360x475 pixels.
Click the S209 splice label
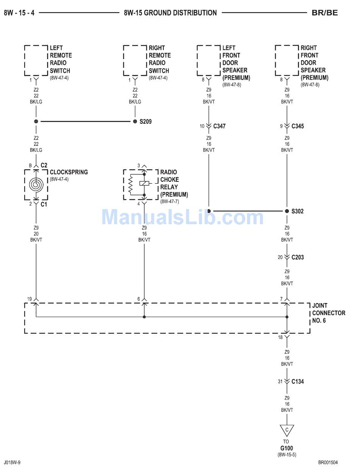[146, 122]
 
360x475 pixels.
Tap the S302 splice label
[297, 211]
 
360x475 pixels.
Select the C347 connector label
[219, 126]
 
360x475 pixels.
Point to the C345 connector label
[297, 126]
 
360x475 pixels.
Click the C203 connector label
[297, 257]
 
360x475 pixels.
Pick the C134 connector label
[297, 381]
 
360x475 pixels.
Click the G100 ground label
[286, 448]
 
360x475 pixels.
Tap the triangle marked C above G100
[287, 430]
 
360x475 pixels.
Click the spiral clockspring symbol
[36, 185]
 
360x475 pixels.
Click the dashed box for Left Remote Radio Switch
[36, 61]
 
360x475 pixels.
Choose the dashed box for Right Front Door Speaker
[287, 61]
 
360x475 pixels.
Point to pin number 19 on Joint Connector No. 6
[29, 299]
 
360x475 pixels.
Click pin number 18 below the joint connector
[280, 337]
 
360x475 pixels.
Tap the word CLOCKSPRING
[69, 172]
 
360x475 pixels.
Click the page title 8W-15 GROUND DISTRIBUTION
[170, 12]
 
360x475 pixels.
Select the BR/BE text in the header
[324, 12]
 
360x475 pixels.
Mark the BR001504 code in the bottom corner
[328, 462]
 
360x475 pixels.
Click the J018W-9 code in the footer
[13, 462]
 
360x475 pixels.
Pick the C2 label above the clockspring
[44, 165]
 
